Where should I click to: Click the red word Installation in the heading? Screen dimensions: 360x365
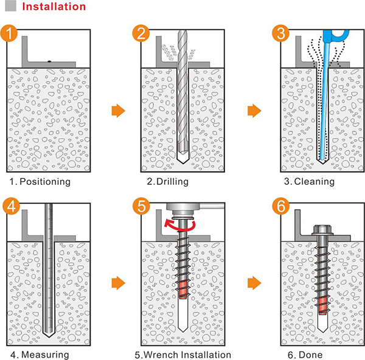pos(53,7)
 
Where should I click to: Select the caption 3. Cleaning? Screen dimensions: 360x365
pos(310,182)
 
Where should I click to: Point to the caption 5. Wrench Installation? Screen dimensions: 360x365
pos(182,355)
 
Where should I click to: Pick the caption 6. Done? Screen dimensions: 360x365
pos(308,355)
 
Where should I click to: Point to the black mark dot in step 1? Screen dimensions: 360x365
pos(49,62)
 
